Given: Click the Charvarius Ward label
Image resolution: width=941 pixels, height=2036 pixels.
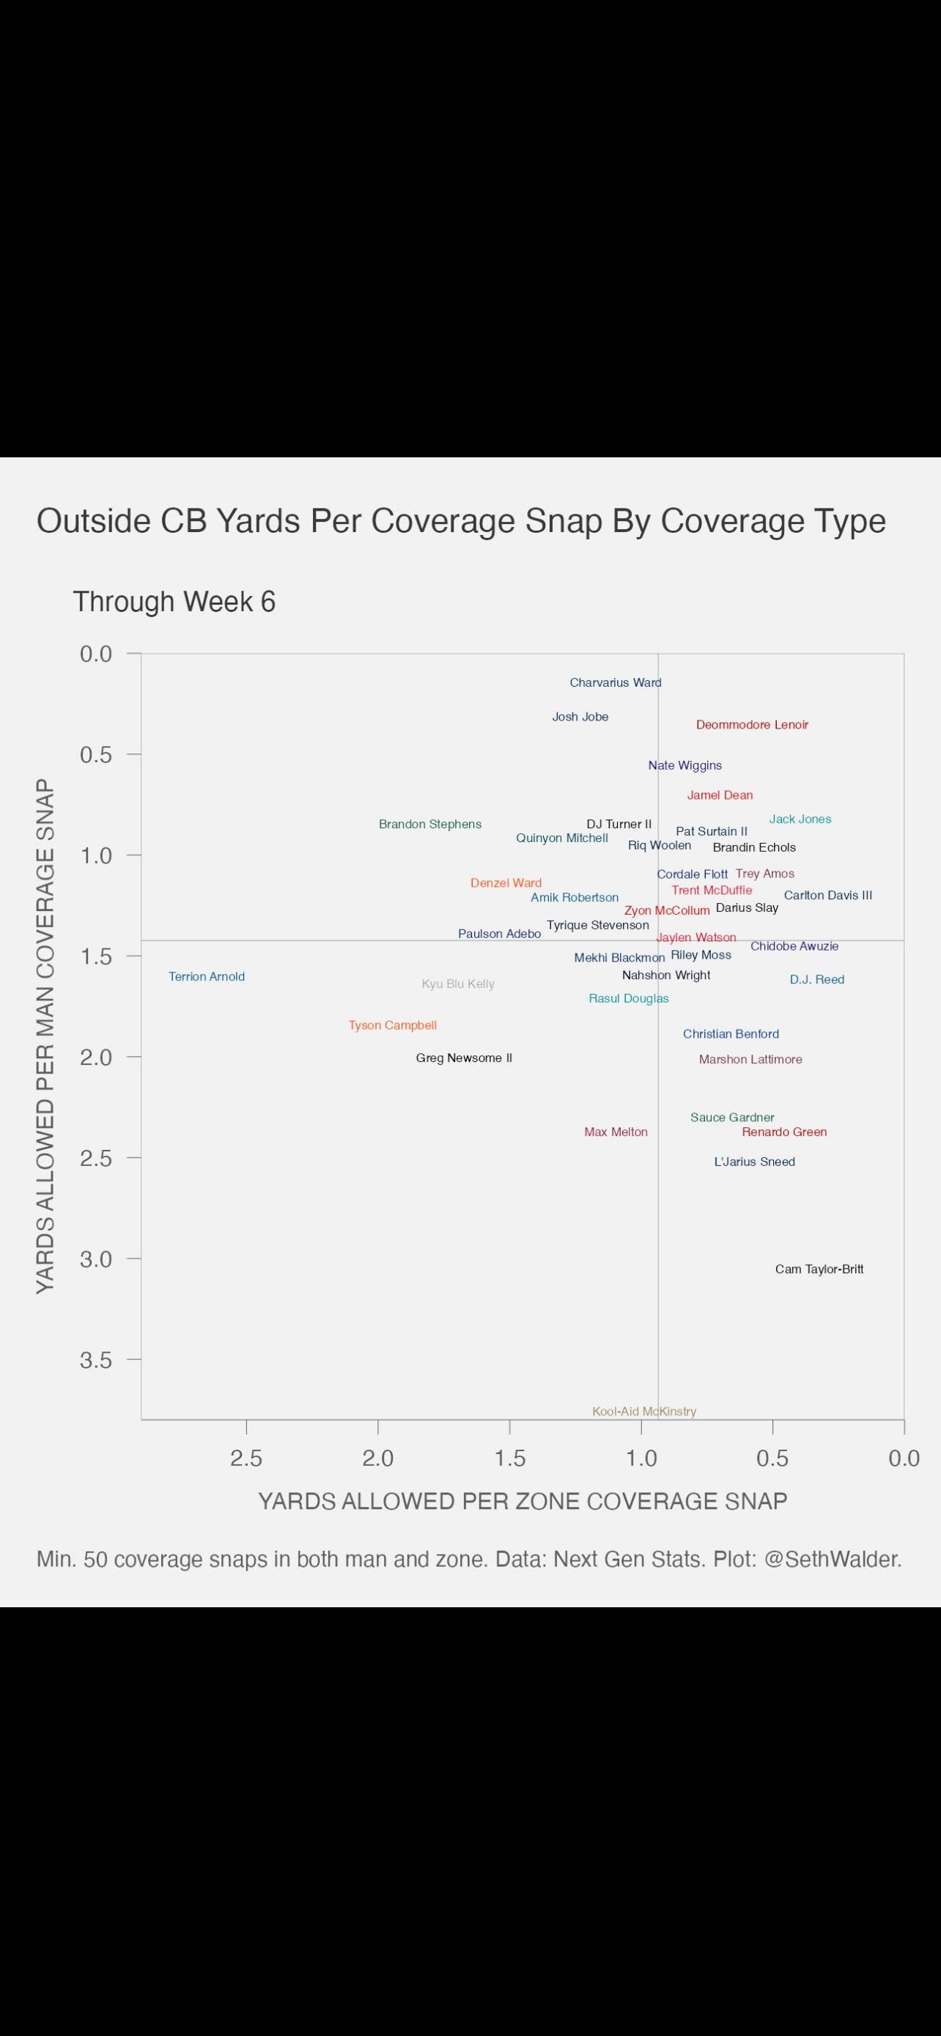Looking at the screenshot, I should (x=616, y=683).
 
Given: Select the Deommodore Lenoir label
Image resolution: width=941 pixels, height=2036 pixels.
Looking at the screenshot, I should (x=752, y=725).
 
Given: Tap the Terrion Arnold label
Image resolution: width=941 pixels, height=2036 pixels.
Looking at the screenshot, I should (x=207, y=977).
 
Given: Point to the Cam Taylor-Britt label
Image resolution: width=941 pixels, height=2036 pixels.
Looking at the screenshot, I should (x=819, y=1269).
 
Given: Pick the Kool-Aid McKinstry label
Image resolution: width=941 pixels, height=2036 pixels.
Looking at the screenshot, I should (x=644, y=1412).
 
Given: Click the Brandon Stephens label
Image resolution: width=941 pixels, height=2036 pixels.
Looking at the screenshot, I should (x=429, y=825).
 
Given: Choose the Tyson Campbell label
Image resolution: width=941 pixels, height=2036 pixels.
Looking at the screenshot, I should (x=393, y=1026).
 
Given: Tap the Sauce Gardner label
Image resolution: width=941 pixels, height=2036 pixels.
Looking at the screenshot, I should (x=732, y=1118).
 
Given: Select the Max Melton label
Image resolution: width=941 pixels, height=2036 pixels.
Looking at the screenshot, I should (x=616, y=1132).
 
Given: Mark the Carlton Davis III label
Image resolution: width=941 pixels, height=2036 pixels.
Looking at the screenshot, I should (x=828, y=896).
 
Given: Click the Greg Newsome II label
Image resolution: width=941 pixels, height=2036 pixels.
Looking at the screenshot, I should (x=464, y=1058).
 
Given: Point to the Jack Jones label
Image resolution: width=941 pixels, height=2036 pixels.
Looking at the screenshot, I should (x=800, y=819).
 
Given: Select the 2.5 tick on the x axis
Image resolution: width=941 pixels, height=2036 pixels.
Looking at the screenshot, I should (x=246, y=1458).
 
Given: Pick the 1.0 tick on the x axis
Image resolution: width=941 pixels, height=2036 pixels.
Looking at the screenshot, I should (x=641, y=1458).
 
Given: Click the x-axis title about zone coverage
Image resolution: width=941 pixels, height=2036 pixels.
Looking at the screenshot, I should (x=523, y=1502).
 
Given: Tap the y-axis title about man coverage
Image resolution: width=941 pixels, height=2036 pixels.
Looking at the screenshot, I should (x=46, y=1036).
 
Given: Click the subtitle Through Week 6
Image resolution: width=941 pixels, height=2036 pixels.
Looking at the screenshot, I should (x=174, y=602).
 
